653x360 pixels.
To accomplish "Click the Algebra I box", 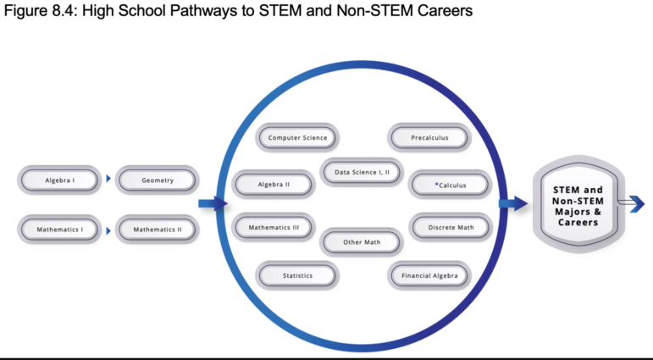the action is point(59,180).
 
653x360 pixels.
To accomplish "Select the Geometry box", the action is point(157,180).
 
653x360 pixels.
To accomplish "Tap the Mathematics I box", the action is point(59,230).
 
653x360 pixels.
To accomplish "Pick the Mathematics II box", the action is point(157,230).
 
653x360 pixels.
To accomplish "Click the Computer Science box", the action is point(297,137).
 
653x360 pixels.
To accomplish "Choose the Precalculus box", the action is point(429,137).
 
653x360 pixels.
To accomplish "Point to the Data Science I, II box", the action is point(362,172).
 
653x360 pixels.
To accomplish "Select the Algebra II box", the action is point(274,184).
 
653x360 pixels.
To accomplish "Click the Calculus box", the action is point(450,185).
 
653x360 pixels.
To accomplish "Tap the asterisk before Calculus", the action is point(436,184).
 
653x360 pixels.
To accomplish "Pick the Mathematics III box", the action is point(274,227).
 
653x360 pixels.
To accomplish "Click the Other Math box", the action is point(362,241).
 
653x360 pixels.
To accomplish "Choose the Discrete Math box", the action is point(451,227).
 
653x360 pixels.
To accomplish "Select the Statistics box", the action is point(297,275).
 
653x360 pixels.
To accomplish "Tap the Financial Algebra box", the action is point(429,275).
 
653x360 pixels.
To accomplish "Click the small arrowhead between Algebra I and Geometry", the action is point(108,179).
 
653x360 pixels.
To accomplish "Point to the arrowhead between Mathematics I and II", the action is point(108,231).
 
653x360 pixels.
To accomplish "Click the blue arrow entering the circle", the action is point(213,204).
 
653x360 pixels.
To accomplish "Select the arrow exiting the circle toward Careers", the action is point(513,204).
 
